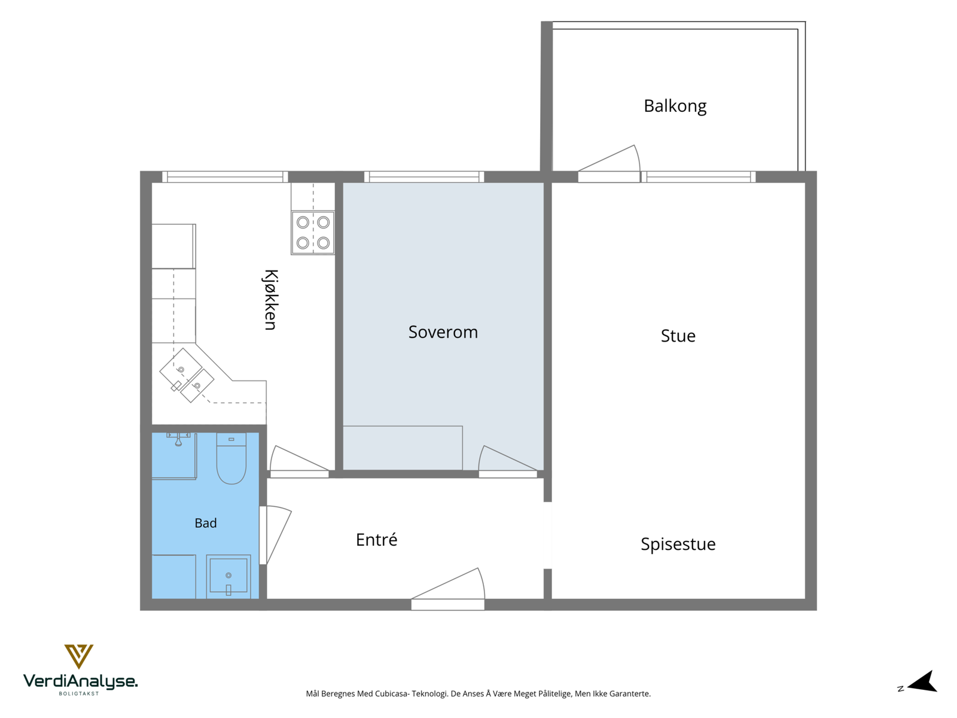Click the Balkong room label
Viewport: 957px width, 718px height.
[675, 107]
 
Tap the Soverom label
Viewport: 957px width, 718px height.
[443, 332]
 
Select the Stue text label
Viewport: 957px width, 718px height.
[678, 336]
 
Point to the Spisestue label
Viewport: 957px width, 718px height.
[678, 544]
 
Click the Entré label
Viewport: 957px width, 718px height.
[376, 540]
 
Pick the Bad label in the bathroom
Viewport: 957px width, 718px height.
[205, 523]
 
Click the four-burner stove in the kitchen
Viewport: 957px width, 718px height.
[313, 233]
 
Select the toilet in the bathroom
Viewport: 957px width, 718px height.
[231, 458]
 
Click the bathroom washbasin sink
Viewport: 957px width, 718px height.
[228, 576]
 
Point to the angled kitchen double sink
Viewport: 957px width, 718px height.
[187, 375]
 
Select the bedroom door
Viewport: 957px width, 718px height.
[507, 461]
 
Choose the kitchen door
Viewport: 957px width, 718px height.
[299, 461]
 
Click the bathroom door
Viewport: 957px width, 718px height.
[275, 535]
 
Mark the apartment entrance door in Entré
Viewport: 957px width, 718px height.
[448, 589]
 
